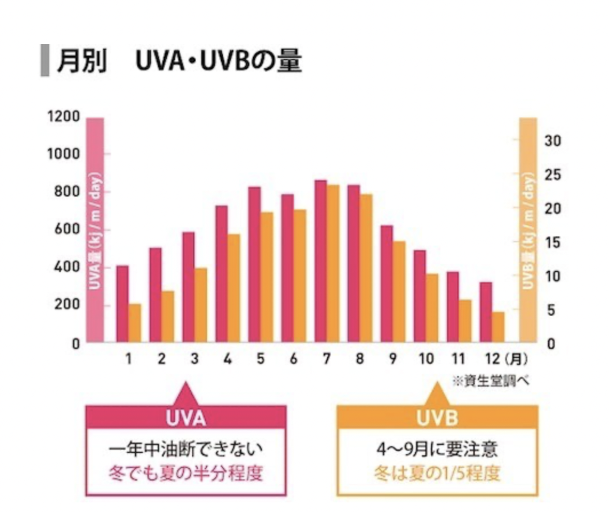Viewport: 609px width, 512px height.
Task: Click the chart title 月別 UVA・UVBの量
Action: [178, 62]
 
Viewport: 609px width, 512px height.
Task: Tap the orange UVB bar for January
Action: [135, 323]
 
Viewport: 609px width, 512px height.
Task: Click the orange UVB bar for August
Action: [366, 268]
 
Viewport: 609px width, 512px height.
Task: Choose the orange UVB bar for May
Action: [267, 277]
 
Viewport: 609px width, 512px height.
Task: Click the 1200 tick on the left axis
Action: [64, 116]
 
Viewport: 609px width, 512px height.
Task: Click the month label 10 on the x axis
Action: [426, 359]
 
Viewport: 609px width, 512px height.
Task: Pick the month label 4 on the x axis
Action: [228, 359]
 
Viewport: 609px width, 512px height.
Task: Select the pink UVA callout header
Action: [186, 417]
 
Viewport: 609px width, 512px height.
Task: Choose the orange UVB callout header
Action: [437, 417]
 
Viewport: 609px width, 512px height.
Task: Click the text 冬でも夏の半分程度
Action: [186, 474]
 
